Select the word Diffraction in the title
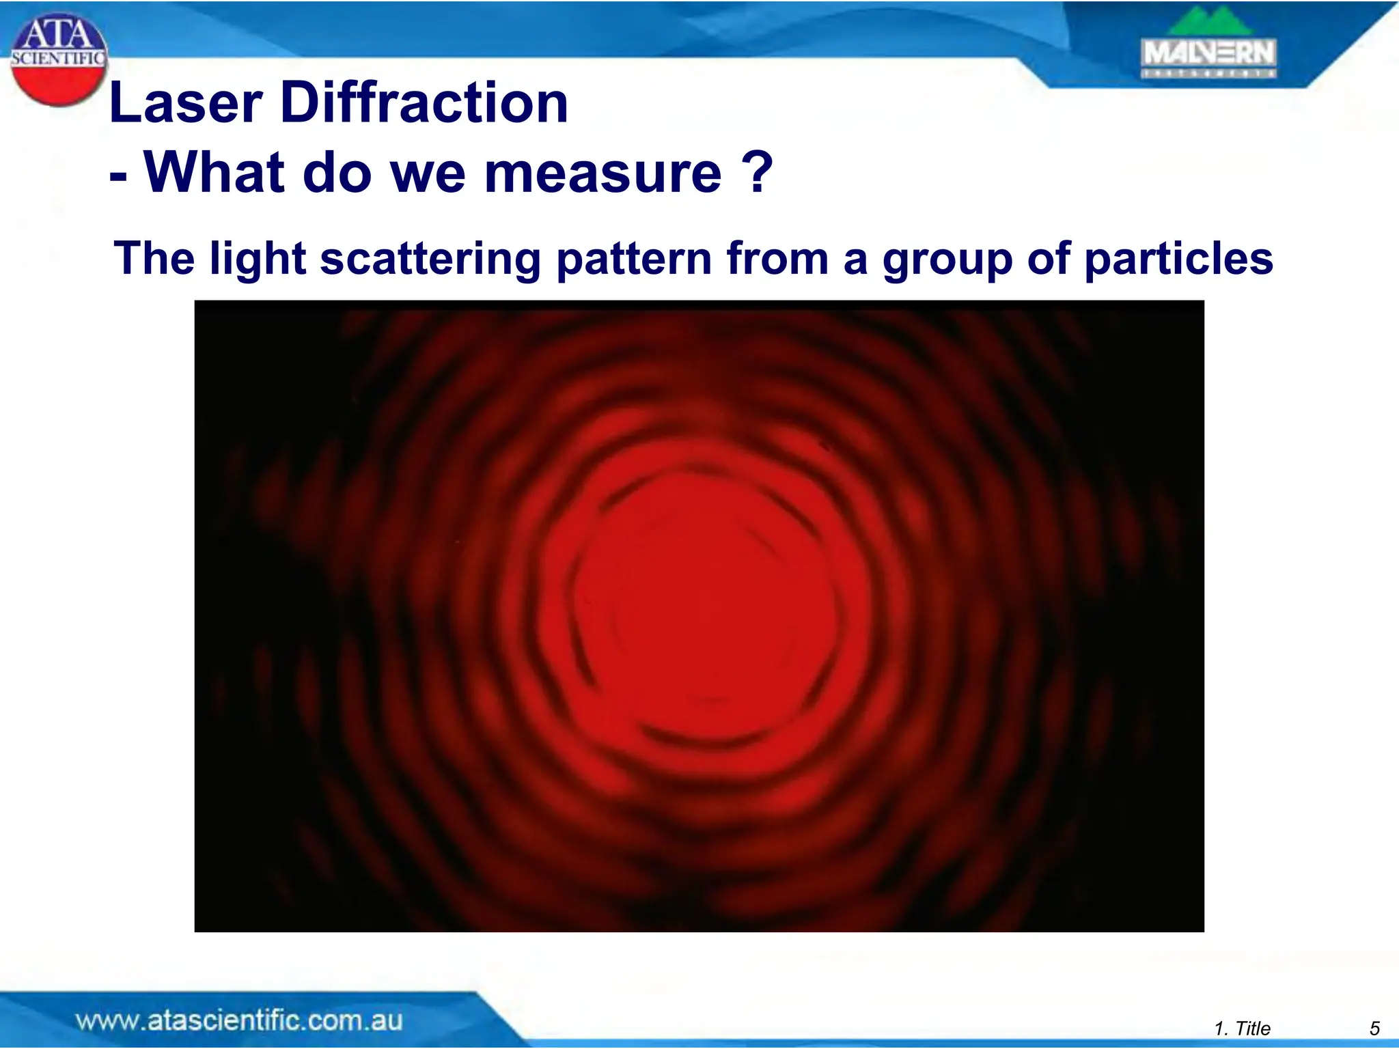(424, 103)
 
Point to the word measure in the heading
(602, 173)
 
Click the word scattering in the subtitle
(430, 260)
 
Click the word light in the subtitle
(257, 260)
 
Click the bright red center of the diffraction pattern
(710, 601)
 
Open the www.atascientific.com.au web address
(238, 1021)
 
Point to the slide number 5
(1374, 1029)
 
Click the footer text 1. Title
(1242, 1029)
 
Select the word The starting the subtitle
(154, 259)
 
